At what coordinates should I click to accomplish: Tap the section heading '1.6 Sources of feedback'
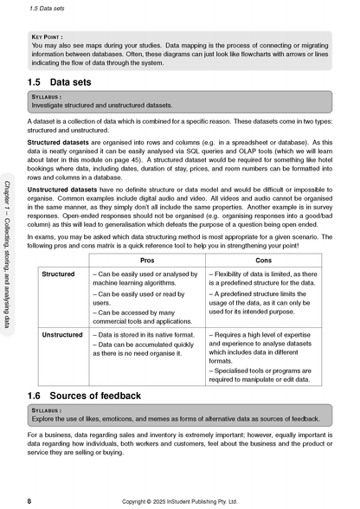click(x=91, y=395)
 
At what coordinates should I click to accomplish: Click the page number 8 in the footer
click(x=29, y=500)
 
